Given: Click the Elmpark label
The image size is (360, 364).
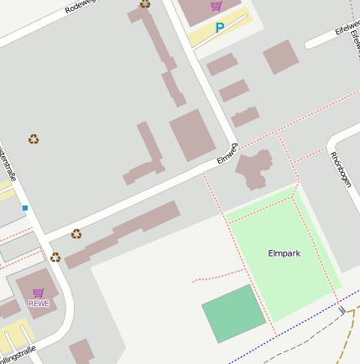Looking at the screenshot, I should coord(284,252).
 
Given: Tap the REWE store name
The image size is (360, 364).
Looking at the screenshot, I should coord(39,303).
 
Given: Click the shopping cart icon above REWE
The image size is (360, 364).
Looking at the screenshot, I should coord(39,292).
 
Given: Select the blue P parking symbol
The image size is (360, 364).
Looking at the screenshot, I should coord(220,28).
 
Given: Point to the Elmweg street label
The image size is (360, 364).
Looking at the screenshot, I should coord(227,155).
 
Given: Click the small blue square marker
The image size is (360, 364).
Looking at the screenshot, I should coord(25,207).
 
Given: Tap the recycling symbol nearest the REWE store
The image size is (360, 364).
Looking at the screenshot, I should coord(55,257).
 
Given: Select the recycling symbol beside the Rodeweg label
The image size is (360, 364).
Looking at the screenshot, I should coord(145,3).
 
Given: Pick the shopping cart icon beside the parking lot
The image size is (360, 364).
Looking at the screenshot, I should coord(217,6).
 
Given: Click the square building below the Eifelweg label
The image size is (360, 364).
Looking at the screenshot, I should coord(280,57).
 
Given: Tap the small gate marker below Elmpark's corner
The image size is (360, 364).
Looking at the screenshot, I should coord(342,309).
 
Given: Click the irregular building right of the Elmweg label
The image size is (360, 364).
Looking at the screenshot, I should coord(254,167).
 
